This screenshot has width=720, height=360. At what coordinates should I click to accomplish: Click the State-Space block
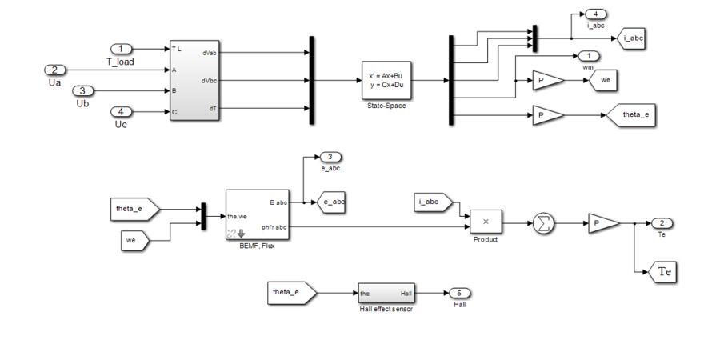pos(386,80)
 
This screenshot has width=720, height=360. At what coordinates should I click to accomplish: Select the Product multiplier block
pos(485,222)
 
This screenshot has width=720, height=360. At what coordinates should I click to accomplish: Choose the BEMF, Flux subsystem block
pos(256,214)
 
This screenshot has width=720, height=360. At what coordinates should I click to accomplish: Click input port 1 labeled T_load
pos(121,49)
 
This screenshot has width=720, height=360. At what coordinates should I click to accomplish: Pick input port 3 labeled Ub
pos(84,91)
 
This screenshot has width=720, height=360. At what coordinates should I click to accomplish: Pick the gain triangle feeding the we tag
pos(546,81)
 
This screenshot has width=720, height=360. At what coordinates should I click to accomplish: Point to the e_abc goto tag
pos(331,202)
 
